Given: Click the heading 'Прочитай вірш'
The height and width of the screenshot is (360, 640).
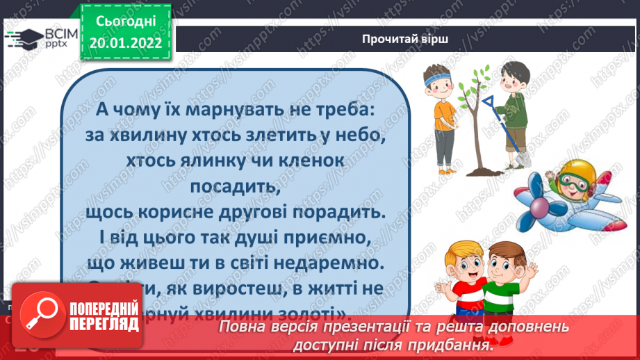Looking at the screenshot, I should [x=404, y=39].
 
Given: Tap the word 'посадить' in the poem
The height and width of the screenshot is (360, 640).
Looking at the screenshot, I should [x=231, y=186].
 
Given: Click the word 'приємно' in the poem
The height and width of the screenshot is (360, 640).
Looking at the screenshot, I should [x=320, y=236].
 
